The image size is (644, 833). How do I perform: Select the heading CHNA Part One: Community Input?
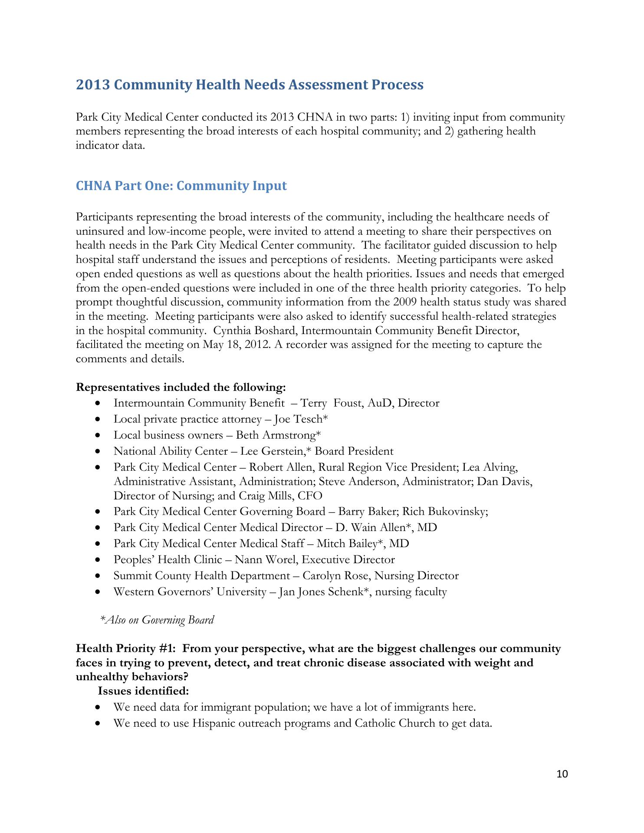click(181, 186)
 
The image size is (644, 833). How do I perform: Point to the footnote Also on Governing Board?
click(160, 620)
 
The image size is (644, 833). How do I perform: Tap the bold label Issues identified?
click(143, 691)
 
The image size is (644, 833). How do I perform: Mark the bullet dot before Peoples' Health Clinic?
click(100, 560)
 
